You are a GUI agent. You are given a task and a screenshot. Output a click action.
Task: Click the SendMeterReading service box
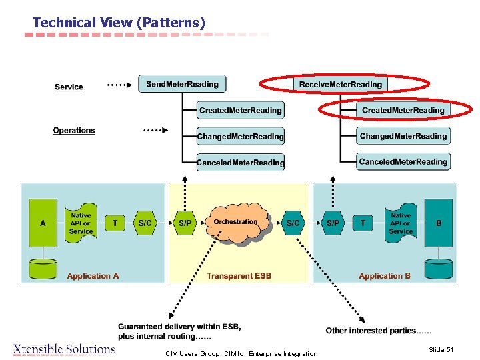[182, 84]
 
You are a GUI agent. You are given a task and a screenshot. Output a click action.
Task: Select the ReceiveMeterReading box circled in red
[341, 84]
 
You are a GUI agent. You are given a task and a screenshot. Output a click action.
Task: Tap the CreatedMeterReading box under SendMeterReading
[240, 110]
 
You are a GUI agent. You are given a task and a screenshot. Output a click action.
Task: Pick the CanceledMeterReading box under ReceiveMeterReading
[403, 161]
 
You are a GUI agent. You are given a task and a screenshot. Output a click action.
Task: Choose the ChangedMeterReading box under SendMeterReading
[240, 136]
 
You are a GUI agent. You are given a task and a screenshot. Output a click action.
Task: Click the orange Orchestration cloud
[235, 223]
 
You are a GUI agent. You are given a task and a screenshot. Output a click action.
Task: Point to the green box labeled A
[43, 223]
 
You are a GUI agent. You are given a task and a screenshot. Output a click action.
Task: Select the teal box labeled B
[439, 223]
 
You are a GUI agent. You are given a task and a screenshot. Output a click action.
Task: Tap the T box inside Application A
[115, 223]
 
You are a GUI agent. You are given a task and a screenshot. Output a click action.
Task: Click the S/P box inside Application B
[332, 223]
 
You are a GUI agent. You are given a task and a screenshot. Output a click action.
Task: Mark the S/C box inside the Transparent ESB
[293, 223]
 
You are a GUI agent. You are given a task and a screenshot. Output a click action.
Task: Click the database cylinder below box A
[43, 269]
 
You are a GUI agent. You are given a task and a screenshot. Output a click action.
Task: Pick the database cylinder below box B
[439, 269]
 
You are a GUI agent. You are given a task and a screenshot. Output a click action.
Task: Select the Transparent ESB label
[239, 276]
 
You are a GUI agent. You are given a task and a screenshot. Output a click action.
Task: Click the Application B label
[385, 276]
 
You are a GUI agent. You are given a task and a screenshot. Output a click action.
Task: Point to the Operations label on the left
[74, 130]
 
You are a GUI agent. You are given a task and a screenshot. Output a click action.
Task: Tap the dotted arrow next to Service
[119, 85]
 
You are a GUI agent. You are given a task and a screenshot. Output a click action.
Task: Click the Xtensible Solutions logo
[64, 349]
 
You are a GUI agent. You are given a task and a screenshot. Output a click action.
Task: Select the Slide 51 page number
[441, 350]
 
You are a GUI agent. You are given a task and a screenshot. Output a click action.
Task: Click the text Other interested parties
[378, 331]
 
